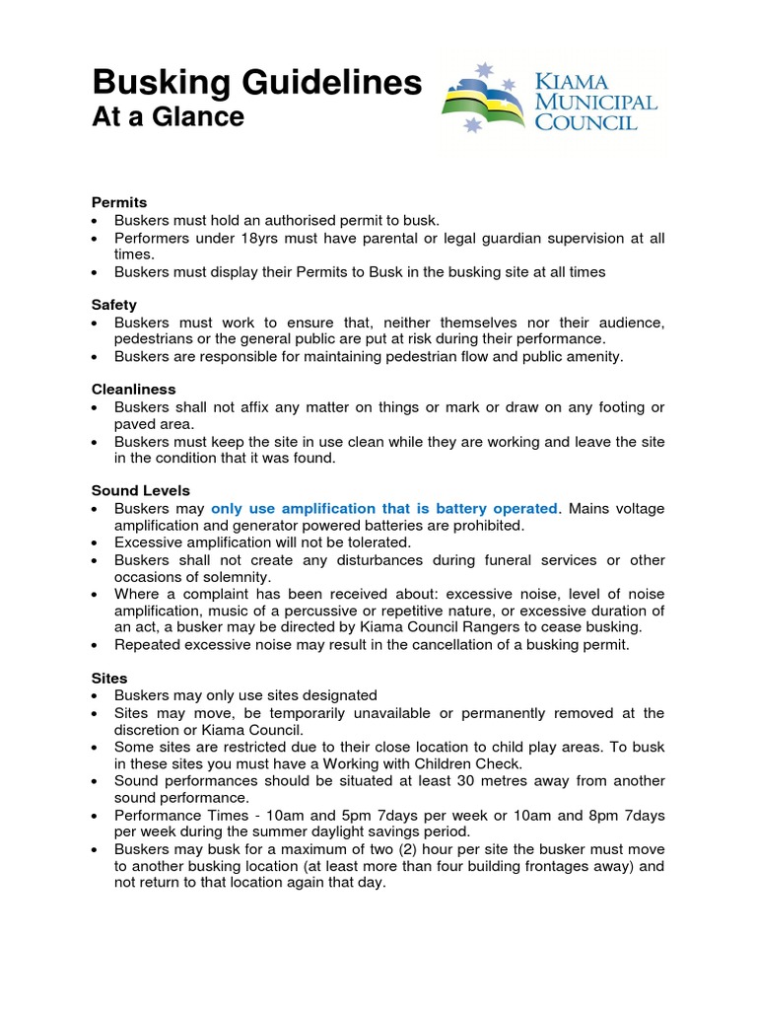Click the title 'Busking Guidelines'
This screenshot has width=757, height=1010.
[x=256, y=83]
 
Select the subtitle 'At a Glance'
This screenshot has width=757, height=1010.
[x=168, y=117]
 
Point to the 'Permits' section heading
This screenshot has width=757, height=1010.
[x=118, y=202]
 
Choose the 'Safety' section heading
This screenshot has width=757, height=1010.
[x=114, y=305]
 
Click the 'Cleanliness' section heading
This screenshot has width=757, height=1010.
[x=133, y=390]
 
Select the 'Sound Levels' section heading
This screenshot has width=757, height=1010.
[x=141, y=490]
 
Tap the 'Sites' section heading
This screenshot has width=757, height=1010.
[x=109, y=679]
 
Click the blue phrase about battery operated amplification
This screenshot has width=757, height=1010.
[x=384, y=508]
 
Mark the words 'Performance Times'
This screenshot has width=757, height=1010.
[x=171, y=815]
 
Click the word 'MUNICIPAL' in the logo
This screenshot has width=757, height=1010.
[x=595, y=102]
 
